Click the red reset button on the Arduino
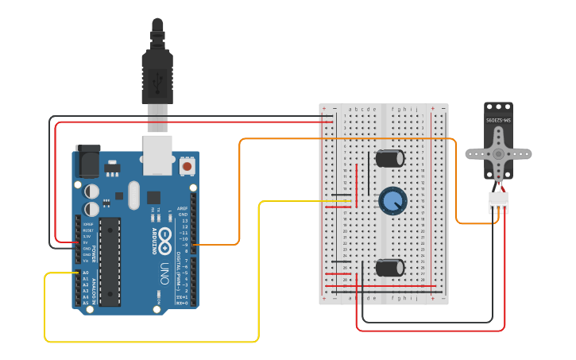[187, 166]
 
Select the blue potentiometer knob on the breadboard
[392, 200]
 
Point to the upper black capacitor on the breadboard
[391, 158]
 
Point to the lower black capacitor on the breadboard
[390, 267]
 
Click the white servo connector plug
[498, 203]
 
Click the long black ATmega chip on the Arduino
[110, 261]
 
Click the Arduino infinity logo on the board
[165, 236]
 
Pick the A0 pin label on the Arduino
[85, 273]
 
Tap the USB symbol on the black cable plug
[157, 79]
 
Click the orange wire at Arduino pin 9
[215, 245]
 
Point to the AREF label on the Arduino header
[183, 208]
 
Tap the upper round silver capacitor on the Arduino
[93, 192]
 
